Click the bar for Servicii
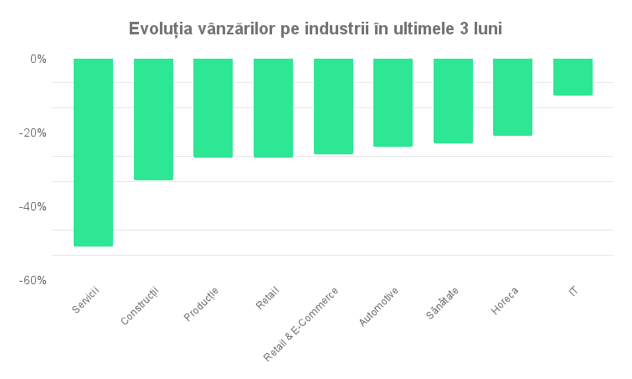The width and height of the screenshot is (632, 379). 93,152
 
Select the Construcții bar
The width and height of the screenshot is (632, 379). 153,119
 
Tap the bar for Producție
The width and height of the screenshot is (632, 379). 213,107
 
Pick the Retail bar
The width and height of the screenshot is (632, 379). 273,107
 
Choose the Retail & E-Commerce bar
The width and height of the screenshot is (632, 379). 332,106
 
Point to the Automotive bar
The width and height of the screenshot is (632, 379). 393,102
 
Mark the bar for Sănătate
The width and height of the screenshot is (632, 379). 453,101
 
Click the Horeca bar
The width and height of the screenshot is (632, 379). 512,96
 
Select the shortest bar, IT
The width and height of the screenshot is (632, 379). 573,76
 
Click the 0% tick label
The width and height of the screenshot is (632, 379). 38,59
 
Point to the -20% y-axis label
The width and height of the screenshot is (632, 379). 34,132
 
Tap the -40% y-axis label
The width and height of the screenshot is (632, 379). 34,206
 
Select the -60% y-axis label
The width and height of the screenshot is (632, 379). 34,280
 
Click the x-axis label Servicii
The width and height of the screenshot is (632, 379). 85,300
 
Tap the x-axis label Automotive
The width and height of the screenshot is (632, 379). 378,307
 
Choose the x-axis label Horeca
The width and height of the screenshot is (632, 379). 505,301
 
